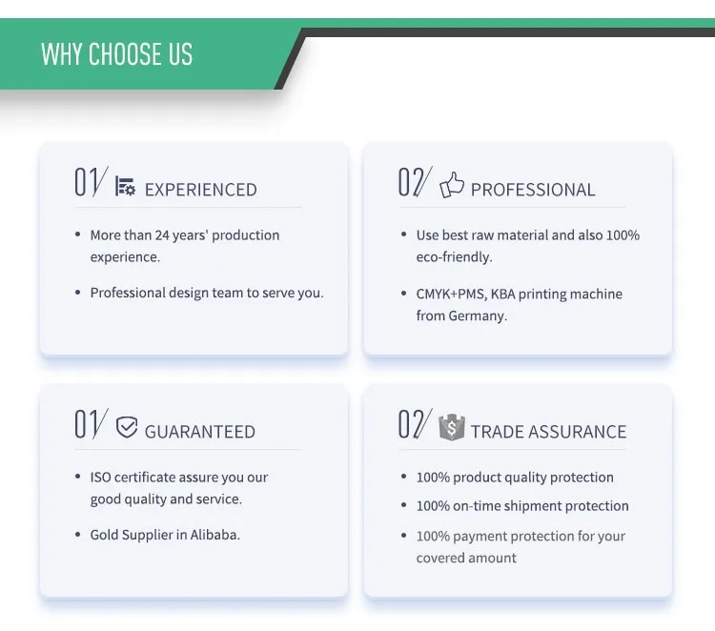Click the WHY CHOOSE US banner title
(116, 53)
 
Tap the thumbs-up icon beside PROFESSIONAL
(452, 185)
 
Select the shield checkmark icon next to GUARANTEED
(126, 427)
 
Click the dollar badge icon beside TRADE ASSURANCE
(452, 427)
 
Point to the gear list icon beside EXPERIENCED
(125, 186)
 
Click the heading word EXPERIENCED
(200, 190)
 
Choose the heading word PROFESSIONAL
(533, 190)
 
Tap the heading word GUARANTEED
(200, 432)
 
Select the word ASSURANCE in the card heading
(578, 432)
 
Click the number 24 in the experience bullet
(162, 235)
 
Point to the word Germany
(477, 315)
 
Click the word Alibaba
(214, 535)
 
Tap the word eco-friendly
(454, 257)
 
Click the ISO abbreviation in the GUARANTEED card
(100, 478)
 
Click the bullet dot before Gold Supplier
(77, 535)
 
